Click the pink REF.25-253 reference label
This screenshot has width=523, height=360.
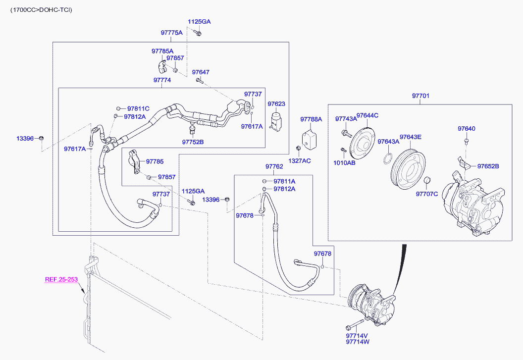tap(61, 279)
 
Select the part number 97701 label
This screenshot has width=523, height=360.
tap(420, 96)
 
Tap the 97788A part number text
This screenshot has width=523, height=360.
tap(311, 119)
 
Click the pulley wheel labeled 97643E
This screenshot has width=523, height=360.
tap(408, 169)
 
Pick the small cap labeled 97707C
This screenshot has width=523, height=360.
tap(427, 181)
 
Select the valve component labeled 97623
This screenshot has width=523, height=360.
tap(276, 120)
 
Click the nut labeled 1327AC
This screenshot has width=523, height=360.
tap(299, 148)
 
